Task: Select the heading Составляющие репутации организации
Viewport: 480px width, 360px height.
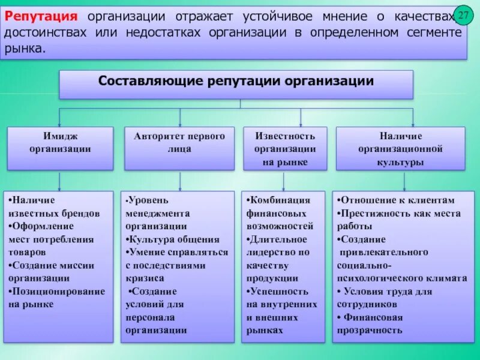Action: (236, 81)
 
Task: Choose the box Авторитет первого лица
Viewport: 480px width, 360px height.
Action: (179, 143)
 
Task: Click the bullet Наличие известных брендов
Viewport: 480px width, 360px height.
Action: (54, 206)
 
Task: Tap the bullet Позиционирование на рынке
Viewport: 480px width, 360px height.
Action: (56, 298)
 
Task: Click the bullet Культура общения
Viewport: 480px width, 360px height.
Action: (173, 239)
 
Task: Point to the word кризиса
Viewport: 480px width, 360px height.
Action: (145, 278)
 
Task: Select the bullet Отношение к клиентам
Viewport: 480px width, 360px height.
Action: (396, 200)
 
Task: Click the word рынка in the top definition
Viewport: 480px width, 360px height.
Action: (24, 47)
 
